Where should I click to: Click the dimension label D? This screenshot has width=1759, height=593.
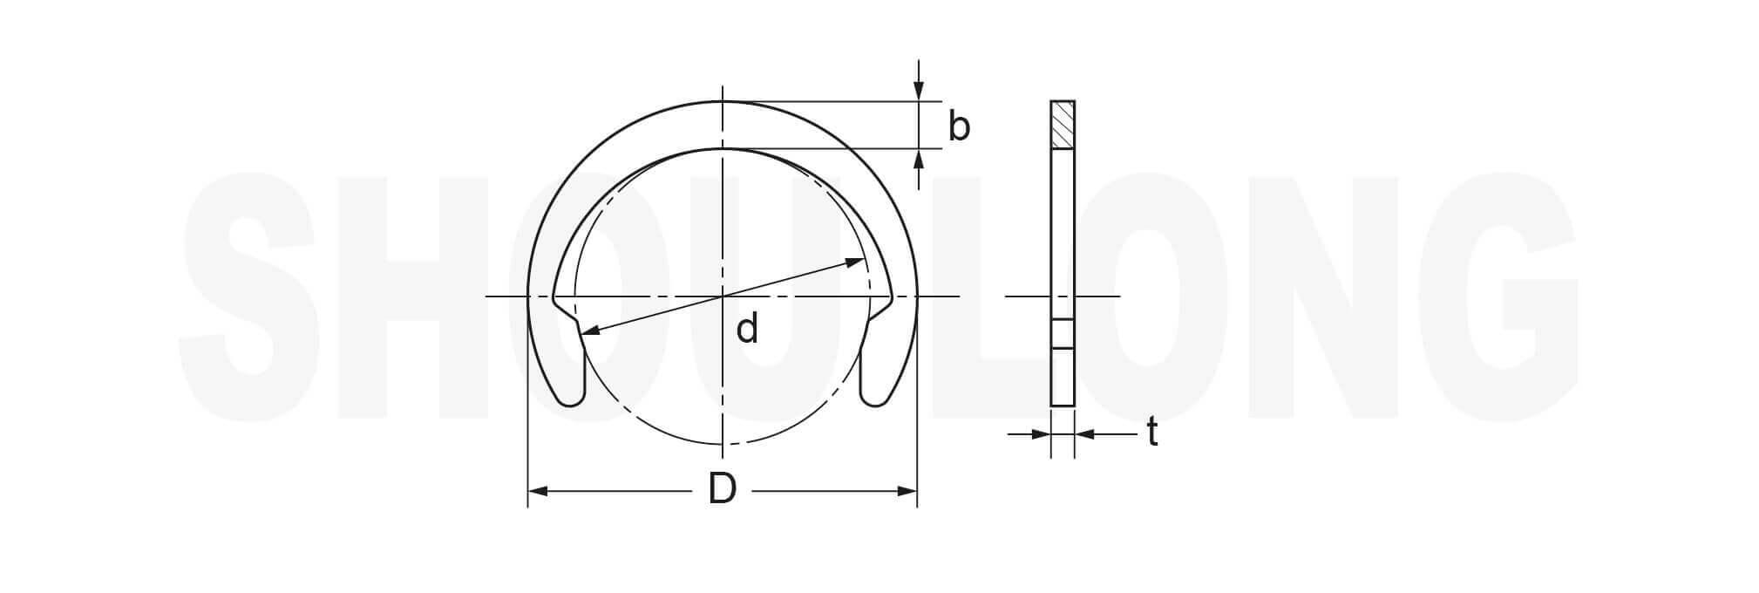click(x=723, y=489)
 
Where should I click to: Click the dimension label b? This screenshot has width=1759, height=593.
click(x=959, y=126)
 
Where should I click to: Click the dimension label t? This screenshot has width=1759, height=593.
click(x=1152, y=432)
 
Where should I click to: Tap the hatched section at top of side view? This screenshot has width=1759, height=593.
click(x=1063, y=125)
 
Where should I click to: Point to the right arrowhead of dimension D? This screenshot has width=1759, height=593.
click(x=907, y=492)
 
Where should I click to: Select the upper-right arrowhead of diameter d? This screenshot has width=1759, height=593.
click(x=857, y=262)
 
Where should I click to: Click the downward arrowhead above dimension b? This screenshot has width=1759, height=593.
click(x=918, y=91)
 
